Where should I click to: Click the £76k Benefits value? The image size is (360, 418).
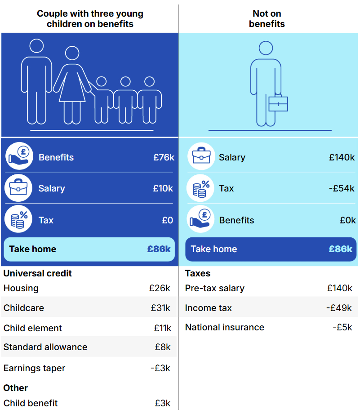click(x=164, y=157)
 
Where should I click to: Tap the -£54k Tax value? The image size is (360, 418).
click(x=342, y=188)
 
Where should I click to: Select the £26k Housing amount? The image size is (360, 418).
click(x=160, y=288)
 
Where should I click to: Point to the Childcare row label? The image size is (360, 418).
click(x=24, y=308)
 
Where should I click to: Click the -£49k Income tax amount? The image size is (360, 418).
click(x=339, y=308)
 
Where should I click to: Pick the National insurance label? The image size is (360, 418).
click(x=224, y=327)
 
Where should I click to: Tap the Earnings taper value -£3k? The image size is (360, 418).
click(x=160, y=368)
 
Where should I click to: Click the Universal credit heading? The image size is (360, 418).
click(x=38, y=273)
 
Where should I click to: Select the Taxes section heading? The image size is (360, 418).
click(x=198, y=273)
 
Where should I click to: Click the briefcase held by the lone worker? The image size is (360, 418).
click(x=278, y=104)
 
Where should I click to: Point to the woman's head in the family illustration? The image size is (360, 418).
click(x=72, y=53)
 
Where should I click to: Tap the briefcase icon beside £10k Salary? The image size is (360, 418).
click(x=18, y=188)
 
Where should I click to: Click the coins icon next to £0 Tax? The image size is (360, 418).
click(x=18, y=220)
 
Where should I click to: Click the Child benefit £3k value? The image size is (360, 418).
click(x=162, y=403)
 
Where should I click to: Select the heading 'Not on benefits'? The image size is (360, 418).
click(x=267, y=18)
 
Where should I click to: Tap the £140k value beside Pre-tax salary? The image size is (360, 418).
click(x=340, y=288)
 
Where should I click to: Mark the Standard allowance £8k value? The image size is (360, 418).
click(x=162, y=347)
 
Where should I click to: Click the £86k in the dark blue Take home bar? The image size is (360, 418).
click(x=340, y=249)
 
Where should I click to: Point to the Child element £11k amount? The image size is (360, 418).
click(x=162, y=328)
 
